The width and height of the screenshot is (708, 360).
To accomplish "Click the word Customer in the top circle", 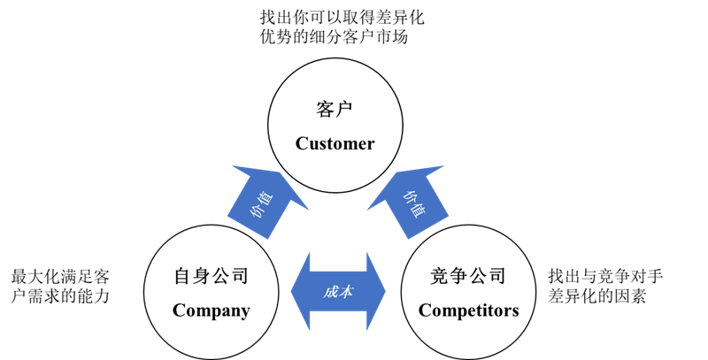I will tap(335, 143).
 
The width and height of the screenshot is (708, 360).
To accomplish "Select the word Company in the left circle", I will tap(211, 310).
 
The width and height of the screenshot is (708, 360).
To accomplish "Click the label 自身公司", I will tap(211, 277).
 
